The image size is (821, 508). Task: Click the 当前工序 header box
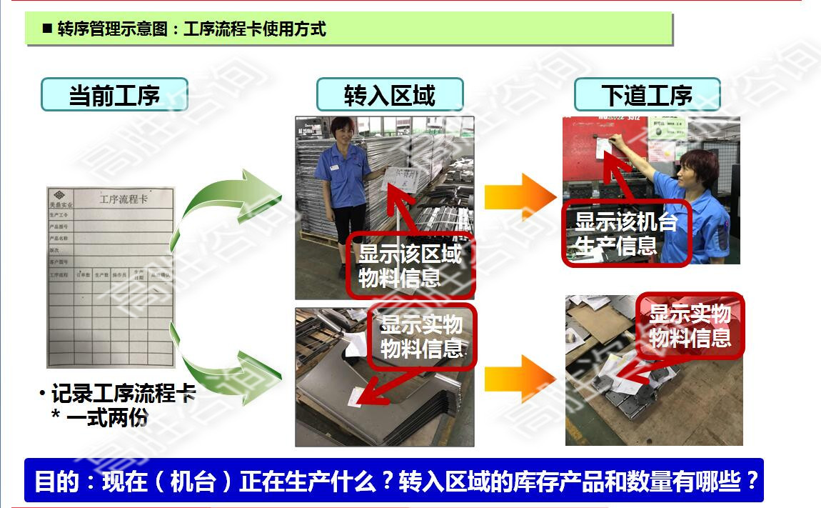tap(114, 94)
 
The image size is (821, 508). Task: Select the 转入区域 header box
tap(390, 94)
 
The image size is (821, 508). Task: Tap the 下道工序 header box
tap(647, 94)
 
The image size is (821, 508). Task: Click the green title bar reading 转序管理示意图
tap(350, 29)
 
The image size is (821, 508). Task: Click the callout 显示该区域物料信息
tap(409, 265)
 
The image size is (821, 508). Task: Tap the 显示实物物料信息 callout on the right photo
tap(690, 325)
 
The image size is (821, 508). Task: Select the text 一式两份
tap(107, 417)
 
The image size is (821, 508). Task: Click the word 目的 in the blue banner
tap(56, 482)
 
